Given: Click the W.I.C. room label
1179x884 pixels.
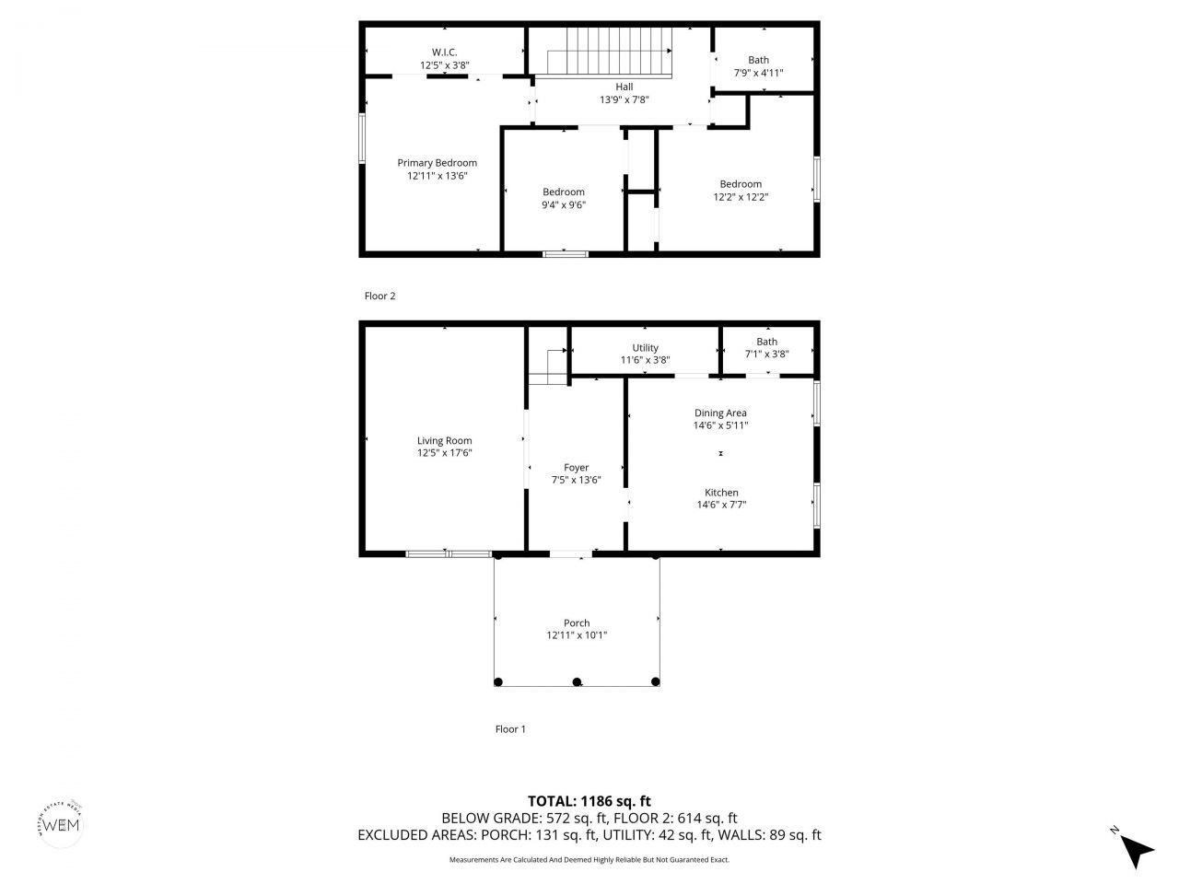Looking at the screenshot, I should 445,52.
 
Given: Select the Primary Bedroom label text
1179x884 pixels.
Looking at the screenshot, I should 438,163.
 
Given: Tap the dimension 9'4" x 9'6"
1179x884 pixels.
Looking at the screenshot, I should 564,205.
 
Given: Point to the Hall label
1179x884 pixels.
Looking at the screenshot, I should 625,87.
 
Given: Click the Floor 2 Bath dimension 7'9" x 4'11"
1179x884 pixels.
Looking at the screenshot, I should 758,73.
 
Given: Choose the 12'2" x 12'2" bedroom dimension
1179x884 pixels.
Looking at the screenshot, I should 741,196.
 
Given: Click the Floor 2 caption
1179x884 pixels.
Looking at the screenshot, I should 379,297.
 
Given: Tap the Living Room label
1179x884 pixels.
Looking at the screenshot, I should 444,441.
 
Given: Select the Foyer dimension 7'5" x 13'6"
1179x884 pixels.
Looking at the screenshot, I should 577,480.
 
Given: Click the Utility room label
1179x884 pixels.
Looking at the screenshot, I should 645,348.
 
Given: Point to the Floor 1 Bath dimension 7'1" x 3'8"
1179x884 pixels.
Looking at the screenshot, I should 766,354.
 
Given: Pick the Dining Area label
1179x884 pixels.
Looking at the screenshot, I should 720,413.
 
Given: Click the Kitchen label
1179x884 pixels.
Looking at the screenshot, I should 721,493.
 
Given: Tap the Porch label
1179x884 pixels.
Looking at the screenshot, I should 577,623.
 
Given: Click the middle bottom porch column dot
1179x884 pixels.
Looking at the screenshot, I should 578,682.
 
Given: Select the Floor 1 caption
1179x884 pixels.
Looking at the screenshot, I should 510,729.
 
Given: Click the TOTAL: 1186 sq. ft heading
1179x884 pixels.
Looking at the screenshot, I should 589,801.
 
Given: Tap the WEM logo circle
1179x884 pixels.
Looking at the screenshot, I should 61,822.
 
